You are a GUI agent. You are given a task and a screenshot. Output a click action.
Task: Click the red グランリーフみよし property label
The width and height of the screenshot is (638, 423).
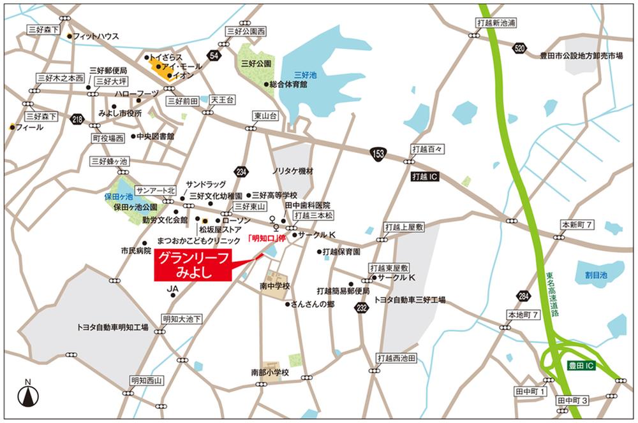(x=193, y=265)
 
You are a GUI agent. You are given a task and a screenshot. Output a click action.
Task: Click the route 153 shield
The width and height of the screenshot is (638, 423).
(x=378, y=154)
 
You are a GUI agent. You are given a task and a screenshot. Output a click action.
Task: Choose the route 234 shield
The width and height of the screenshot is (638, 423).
(x=241, y=171)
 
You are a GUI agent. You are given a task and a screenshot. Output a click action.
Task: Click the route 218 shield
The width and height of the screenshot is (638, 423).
(x=78, y=119)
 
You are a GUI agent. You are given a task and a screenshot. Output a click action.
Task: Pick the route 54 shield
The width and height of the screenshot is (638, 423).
(x=214, y=57)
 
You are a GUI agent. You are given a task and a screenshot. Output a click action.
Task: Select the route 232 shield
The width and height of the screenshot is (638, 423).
(x=362, y=308)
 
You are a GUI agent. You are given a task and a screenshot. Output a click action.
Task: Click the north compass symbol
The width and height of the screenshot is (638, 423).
(x=27, y=394)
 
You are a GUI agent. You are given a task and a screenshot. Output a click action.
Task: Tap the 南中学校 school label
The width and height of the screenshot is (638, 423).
(x=275, y=285)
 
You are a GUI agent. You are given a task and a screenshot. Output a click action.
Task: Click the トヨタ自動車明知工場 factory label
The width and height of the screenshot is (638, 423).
(x=112, y=327)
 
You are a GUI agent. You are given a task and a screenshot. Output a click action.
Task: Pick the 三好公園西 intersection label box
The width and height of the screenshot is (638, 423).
(x=245, y=31)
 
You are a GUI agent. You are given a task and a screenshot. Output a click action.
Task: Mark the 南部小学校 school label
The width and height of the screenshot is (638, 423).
(x=270, y=372)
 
